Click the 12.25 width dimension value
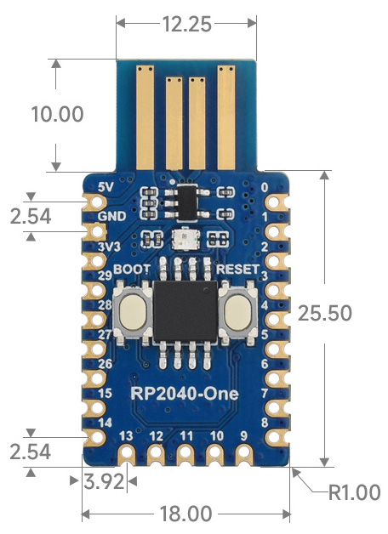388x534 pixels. coord(187,24)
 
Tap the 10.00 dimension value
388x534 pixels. coord(57,114)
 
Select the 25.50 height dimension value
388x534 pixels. coord(325,313)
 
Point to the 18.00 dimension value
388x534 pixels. coord(185,514)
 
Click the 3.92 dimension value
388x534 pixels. coord(104,481)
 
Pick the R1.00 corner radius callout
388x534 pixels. coord(354,492)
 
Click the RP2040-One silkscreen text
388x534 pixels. coord(185,394)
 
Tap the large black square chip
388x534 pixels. coord(185,311)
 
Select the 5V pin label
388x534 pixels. coord(106,187)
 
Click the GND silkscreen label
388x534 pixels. coord(111,216)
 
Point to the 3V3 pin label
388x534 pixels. coord(109,247)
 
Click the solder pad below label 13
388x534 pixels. coord(127,453)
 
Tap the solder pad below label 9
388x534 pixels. coord(244,453)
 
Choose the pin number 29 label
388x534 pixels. coord(106,276)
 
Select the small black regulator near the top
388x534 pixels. coord(187,202)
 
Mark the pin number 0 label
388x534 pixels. coord(265,187)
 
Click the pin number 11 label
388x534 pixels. coord(186,436)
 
